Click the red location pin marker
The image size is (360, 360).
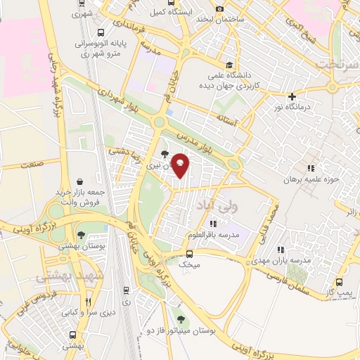click(180, 165)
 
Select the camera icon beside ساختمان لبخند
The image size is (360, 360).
click(220, 8)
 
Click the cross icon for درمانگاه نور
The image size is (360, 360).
click(292, 96)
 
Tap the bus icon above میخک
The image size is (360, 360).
click(189, 254)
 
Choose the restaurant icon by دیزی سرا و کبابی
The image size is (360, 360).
click(88, 302)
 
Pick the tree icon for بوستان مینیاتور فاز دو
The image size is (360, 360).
click(180, 319)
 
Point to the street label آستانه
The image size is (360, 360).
click(229, 120)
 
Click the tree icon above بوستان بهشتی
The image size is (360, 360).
click(82, 234)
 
